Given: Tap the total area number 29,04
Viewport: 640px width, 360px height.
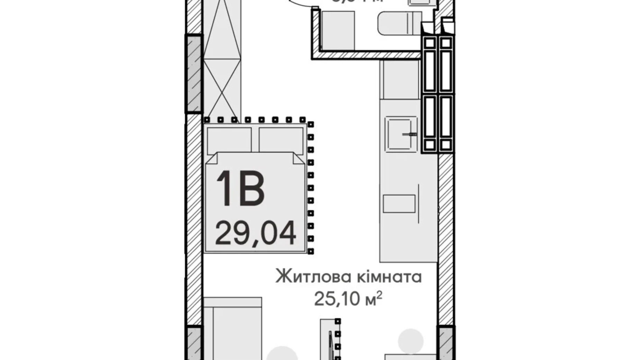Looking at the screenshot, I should (255, 233).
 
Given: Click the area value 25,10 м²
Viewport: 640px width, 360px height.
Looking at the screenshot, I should (348, 299).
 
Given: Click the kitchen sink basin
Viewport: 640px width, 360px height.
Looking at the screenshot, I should (400, 134).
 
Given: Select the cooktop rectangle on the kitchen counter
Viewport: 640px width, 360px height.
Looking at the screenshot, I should (399, 204).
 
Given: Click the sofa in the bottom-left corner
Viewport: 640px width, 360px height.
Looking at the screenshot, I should (232, 329).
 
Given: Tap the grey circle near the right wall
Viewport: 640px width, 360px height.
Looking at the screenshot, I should (411, 341).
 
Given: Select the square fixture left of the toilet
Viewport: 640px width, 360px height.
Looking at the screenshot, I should (338, 30).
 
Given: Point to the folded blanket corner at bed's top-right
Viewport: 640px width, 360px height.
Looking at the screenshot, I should (299, 158).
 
